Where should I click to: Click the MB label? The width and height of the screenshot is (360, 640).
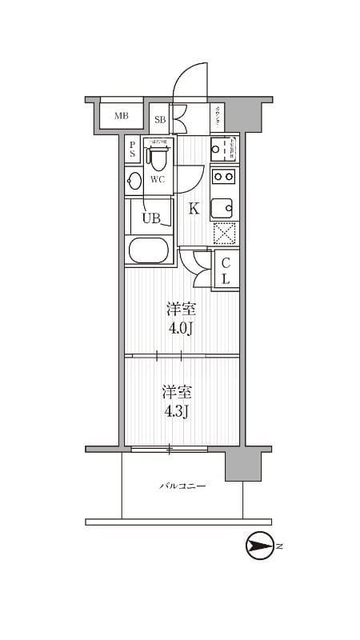click(x=121, y=116)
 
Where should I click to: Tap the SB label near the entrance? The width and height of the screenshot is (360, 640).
click(x=160, y=119)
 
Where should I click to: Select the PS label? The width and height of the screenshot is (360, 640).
click(x=133, y=151)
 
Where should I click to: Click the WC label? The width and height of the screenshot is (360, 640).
click(x=158, y=179)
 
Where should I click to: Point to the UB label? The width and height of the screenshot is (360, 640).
click(x=151, y=218)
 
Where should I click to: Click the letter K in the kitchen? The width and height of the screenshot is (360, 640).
click(x=194, y=210)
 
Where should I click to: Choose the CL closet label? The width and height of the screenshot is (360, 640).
click(x=226, y=270)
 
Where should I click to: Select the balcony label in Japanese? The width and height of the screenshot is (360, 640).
click(x=182, y=486)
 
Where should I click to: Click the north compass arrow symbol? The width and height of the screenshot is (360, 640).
click(x=259, y=547)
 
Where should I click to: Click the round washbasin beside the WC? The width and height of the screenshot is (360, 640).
click(x=134, y=180)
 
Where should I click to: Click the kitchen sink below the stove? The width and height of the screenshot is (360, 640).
click(x=223, y=208)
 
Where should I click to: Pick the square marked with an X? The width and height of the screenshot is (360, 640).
click(x=223, y=234)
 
